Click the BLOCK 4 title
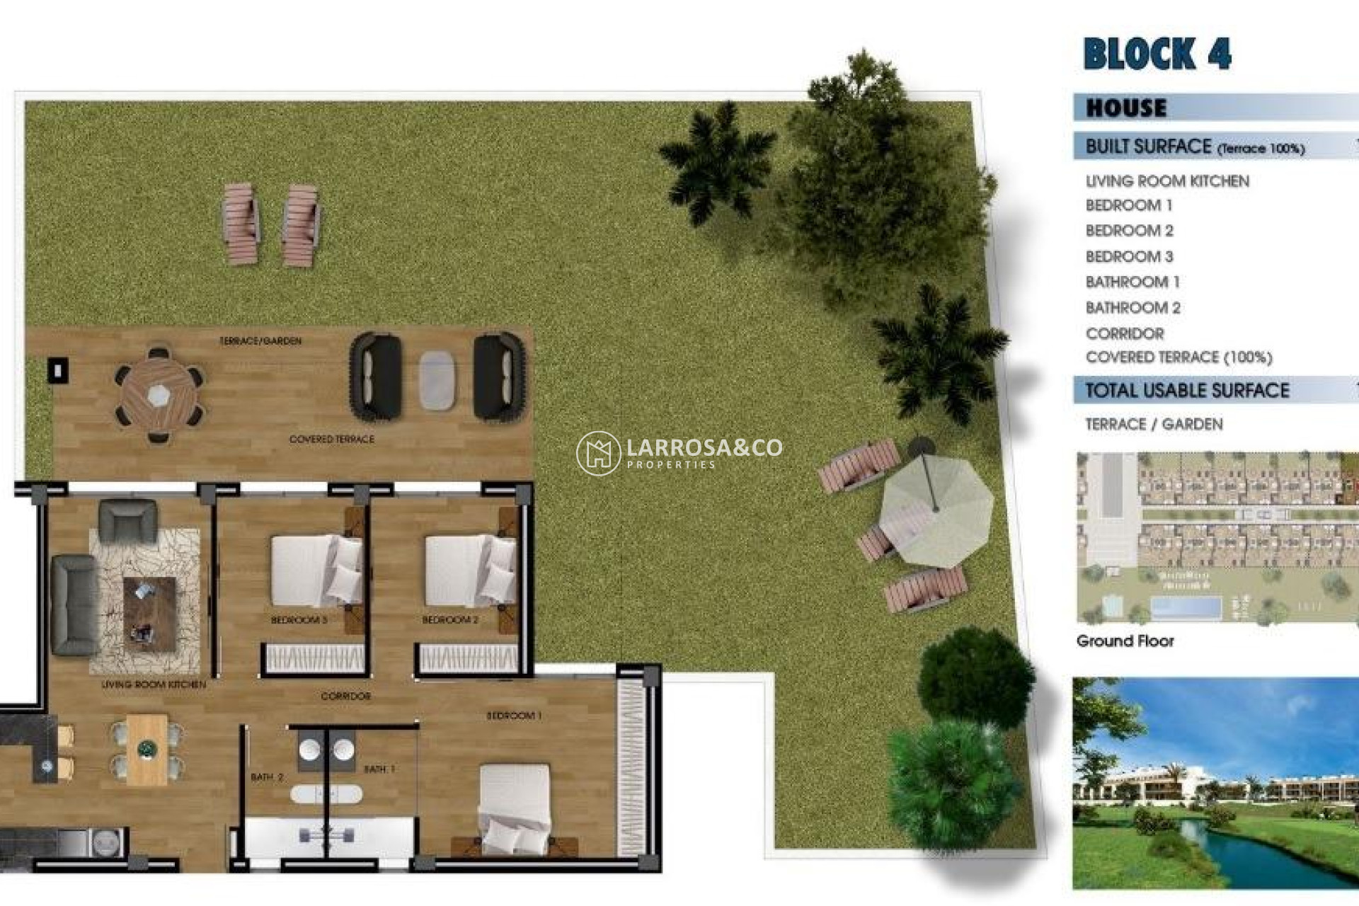click(x=1157, y=54)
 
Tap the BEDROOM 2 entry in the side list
click(x=1129, y=231)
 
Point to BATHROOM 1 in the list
click(x=1132, y=282)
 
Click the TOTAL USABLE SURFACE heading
click(x=1187, y=390)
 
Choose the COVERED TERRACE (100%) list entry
click(x=1179, y=357)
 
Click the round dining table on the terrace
click(x=159, y=394)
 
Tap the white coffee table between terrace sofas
click(x=437, y=380)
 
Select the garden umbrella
click(x=935, y=509)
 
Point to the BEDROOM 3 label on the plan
click(x=299, y=620)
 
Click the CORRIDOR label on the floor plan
click(x=345, y=696)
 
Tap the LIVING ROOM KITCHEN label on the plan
click(x=154, y=684)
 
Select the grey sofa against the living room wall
click(x=74, y=604)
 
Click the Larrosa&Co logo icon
click(x=598, y=453)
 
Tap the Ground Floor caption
click(x=1125, y=641)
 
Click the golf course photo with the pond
click(x=1215, y=783)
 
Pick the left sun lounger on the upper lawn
click(x=239, y=224)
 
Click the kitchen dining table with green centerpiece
click(x=147, y=749)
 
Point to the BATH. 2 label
click(x=266, y=777)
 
